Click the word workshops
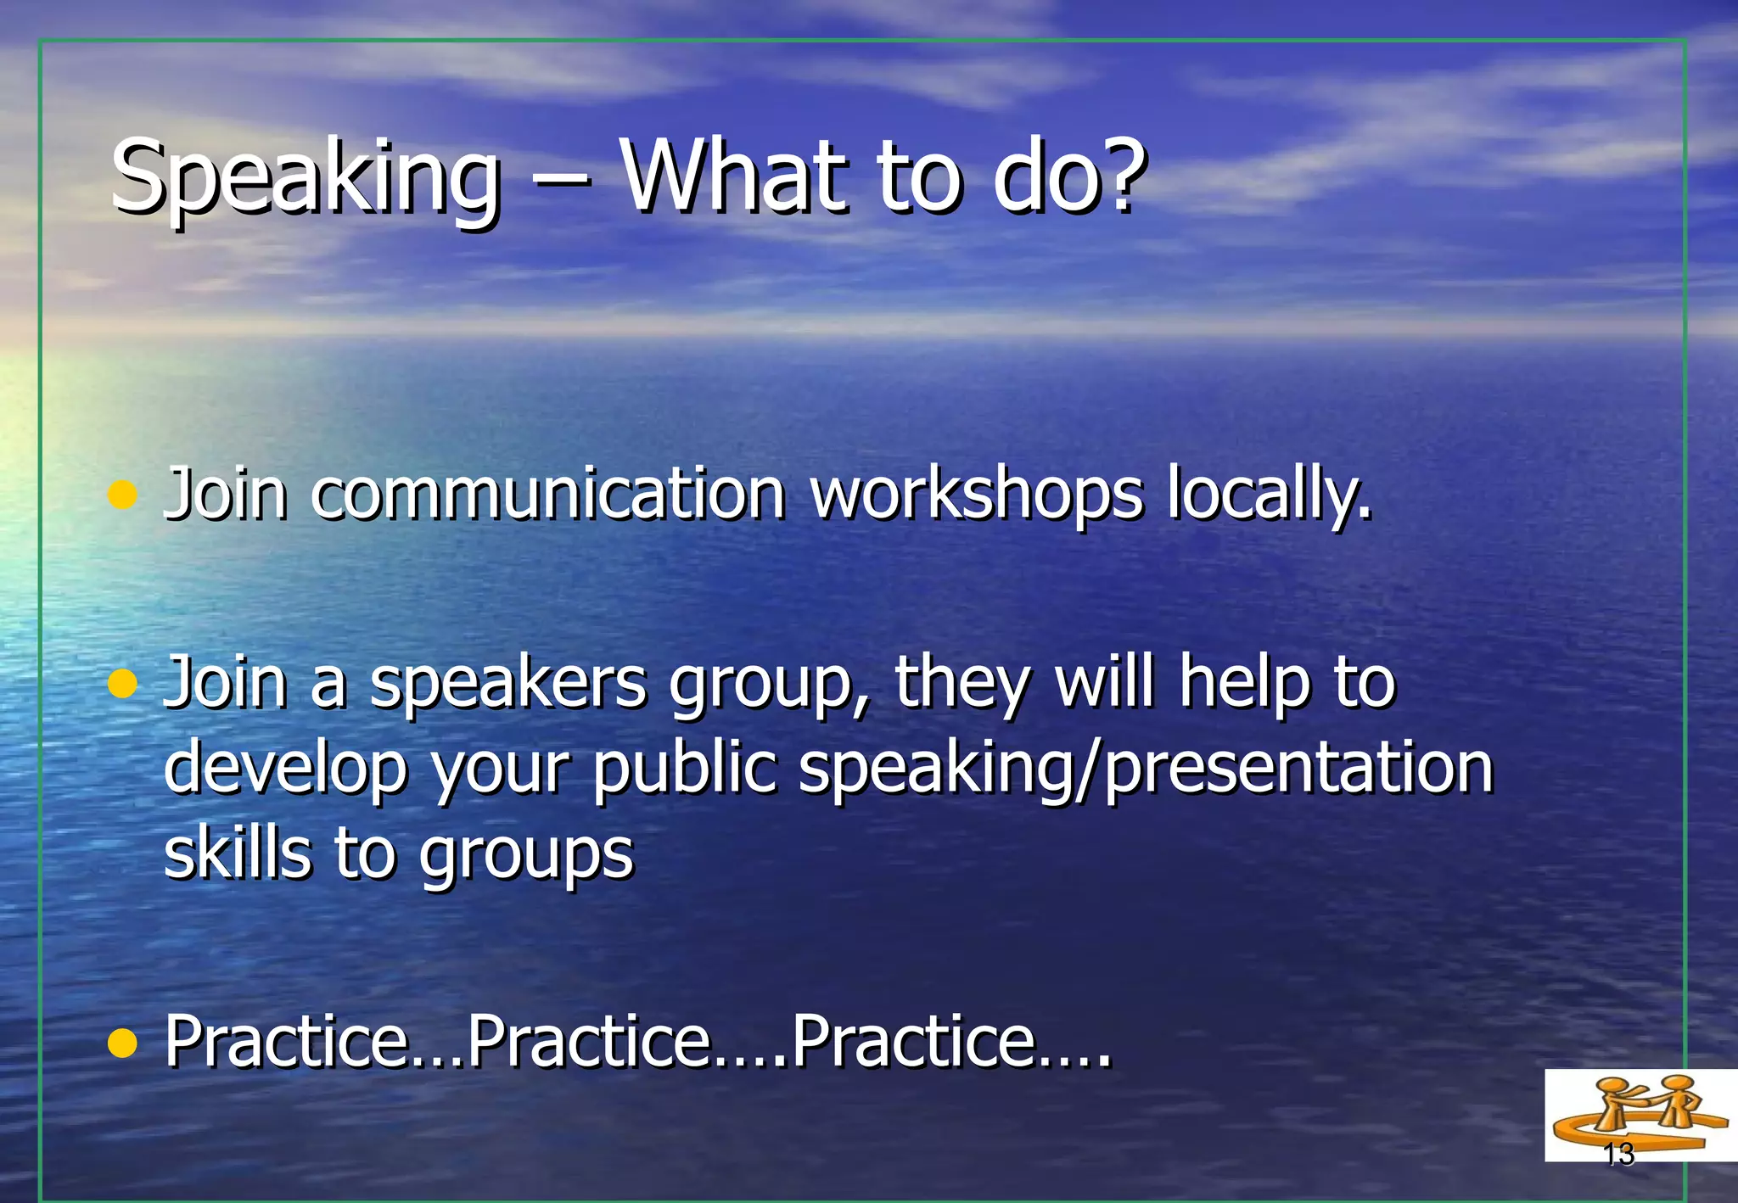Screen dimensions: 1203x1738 pos(977,495)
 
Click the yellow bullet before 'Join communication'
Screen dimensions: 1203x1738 pos(123,495)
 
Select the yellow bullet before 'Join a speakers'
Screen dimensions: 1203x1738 pos(123,683)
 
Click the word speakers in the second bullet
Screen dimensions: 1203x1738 pos(508,685)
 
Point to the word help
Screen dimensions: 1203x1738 pos(1245,684)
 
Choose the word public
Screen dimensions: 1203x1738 pos(684,769)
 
